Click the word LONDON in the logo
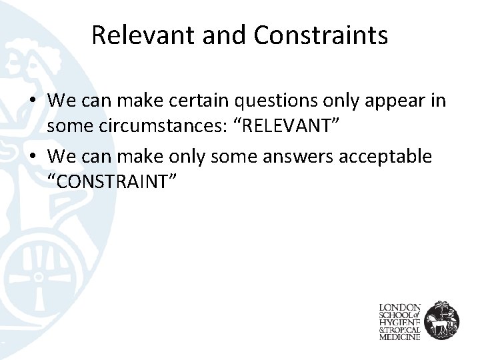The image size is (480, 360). tap(399, 307)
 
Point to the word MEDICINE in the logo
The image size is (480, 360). tap(399, 337)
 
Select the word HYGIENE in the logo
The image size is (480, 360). tap(399, 322)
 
